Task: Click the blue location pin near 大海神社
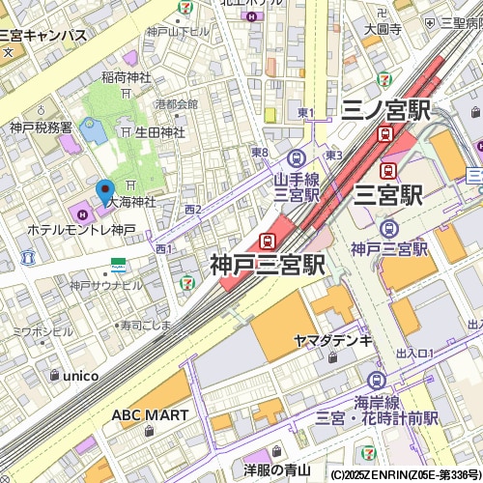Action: [x=105, y=190]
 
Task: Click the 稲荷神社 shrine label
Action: [x=127, y=77]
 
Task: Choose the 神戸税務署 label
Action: [x=41, y=127]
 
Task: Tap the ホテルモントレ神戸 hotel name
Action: [x=82, y=230]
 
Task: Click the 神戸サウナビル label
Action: [x=105, y=285]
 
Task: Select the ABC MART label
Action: [x=149, y=414]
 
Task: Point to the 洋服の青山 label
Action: [x=276, y=470]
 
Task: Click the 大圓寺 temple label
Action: [x=383, y=29]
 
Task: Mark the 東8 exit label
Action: [x=259, y=153]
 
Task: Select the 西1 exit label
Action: [x=163, y=248]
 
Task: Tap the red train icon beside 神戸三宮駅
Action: [x=267, y=241]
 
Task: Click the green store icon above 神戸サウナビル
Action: [x=117, y=264]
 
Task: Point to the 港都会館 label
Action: [x=175, y=104]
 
